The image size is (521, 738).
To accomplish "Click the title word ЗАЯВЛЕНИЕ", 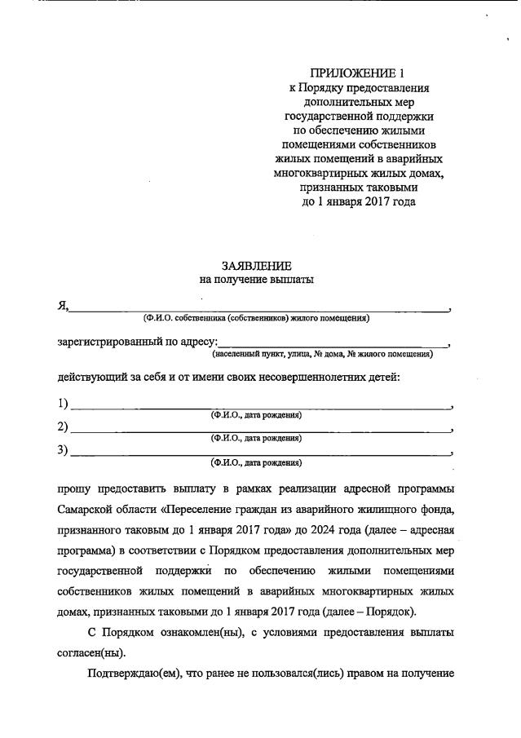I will pos(256,266).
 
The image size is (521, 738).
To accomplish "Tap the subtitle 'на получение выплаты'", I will pos(256,279).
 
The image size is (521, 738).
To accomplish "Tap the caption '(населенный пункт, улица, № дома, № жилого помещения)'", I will pos(322,355).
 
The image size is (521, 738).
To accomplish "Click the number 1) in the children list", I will pos(63,404).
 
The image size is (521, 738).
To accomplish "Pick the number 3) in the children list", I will pos(63,451).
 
